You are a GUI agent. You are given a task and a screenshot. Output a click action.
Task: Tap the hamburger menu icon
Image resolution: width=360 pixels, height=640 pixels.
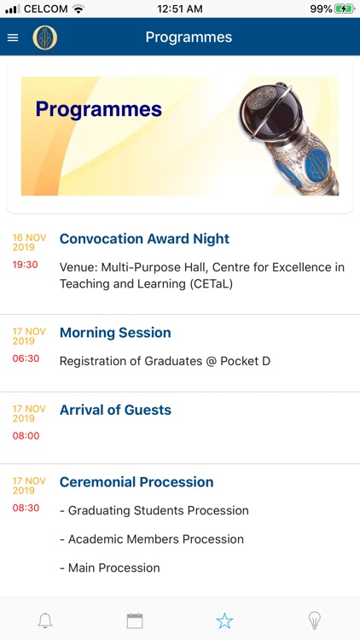pos(13,38)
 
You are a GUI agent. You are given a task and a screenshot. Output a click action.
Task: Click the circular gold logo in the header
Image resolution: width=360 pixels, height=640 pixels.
pos(44,38)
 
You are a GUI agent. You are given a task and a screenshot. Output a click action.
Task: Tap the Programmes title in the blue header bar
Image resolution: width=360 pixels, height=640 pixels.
pos(189,38)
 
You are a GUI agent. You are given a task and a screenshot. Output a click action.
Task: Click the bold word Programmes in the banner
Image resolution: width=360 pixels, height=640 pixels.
pos(98,109)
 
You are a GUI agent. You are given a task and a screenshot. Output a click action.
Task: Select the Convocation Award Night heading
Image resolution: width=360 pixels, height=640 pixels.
pos(144,239)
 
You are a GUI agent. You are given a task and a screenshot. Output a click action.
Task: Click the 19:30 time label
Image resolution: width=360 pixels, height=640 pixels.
pos(26,265)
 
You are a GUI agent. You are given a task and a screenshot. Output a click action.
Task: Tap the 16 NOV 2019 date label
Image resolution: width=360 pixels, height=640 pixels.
pos(29,242)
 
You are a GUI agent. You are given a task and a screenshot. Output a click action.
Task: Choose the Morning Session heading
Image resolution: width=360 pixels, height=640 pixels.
pos(115,333)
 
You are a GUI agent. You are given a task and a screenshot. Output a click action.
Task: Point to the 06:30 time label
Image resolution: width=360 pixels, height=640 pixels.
pos(26,358)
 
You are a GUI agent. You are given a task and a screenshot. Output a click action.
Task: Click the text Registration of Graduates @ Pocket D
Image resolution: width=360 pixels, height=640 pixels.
pos(165,361)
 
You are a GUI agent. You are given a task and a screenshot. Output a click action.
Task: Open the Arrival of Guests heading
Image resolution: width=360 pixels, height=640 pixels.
pos(115,410)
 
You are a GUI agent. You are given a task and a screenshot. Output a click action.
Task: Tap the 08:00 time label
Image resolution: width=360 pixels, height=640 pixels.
pos(26,435)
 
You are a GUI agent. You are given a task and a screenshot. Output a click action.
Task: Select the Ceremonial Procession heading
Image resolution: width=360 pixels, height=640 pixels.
pos(136,482)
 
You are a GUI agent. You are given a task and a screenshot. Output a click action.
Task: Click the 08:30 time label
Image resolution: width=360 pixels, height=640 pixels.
pos(26,508)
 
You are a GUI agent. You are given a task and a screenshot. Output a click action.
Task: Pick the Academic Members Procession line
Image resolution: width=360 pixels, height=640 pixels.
pos(152,539)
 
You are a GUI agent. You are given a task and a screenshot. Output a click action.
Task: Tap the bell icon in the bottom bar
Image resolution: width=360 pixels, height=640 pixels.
pos(45,620)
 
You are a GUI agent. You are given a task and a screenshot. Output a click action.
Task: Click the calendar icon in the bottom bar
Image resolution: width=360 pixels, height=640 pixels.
pos(135,620)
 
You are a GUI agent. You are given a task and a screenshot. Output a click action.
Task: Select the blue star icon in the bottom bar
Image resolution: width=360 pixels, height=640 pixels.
pos(224,620)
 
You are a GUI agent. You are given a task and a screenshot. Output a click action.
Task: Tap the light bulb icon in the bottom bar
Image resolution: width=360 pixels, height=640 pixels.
pos(314,620)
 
